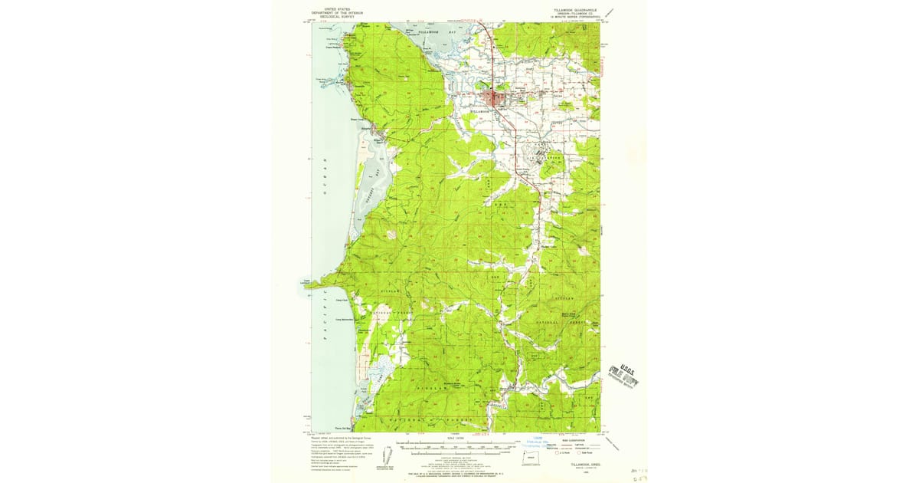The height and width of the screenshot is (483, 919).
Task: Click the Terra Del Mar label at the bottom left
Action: coord(342,428)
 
